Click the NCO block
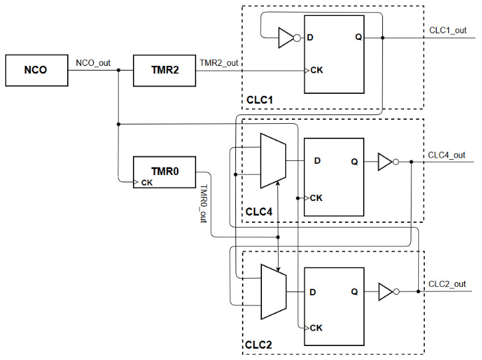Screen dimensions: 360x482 (36, 70)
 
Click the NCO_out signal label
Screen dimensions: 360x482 (93, 64)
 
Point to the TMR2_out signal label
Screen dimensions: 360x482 (219, 63)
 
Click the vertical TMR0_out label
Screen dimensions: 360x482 (203, 204)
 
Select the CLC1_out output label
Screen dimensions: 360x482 (446, 31)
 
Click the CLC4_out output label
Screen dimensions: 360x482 (446, 155)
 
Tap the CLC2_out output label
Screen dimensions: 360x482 (447, 284)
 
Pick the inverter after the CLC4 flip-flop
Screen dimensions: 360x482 (386, 162)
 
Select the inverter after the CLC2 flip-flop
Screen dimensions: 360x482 (386, 291)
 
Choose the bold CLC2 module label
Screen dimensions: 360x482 (259, 345)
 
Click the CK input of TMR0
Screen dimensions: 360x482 (146, 183)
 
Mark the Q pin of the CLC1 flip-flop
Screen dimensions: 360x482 (358, 37)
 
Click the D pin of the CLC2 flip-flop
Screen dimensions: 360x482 (312, 291)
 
